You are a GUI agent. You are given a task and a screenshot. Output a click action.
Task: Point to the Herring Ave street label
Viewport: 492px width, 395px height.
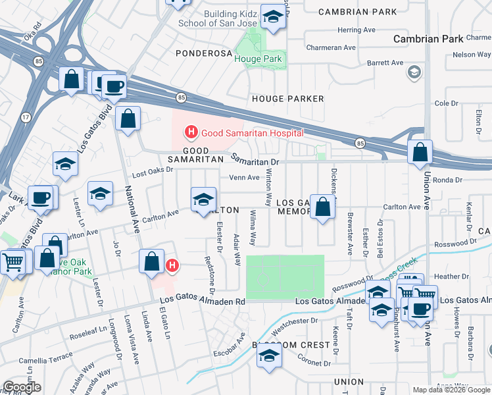click(x=356, y=30)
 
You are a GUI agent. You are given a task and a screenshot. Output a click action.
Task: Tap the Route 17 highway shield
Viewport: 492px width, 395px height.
click(x=26, y=117)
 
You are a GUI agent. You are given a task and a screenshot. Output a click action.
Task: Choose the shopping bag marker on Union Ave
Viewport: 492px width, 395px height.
click(x=420, y=153)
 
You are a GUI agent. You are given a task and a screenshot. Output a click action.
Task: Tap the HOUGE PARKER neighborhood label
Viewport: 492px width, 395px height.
click(x=288, y=99)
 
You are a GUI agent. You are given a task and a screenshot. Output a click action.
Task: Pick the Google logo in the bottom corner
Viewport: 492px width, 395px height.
click(x=22, y=387)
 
